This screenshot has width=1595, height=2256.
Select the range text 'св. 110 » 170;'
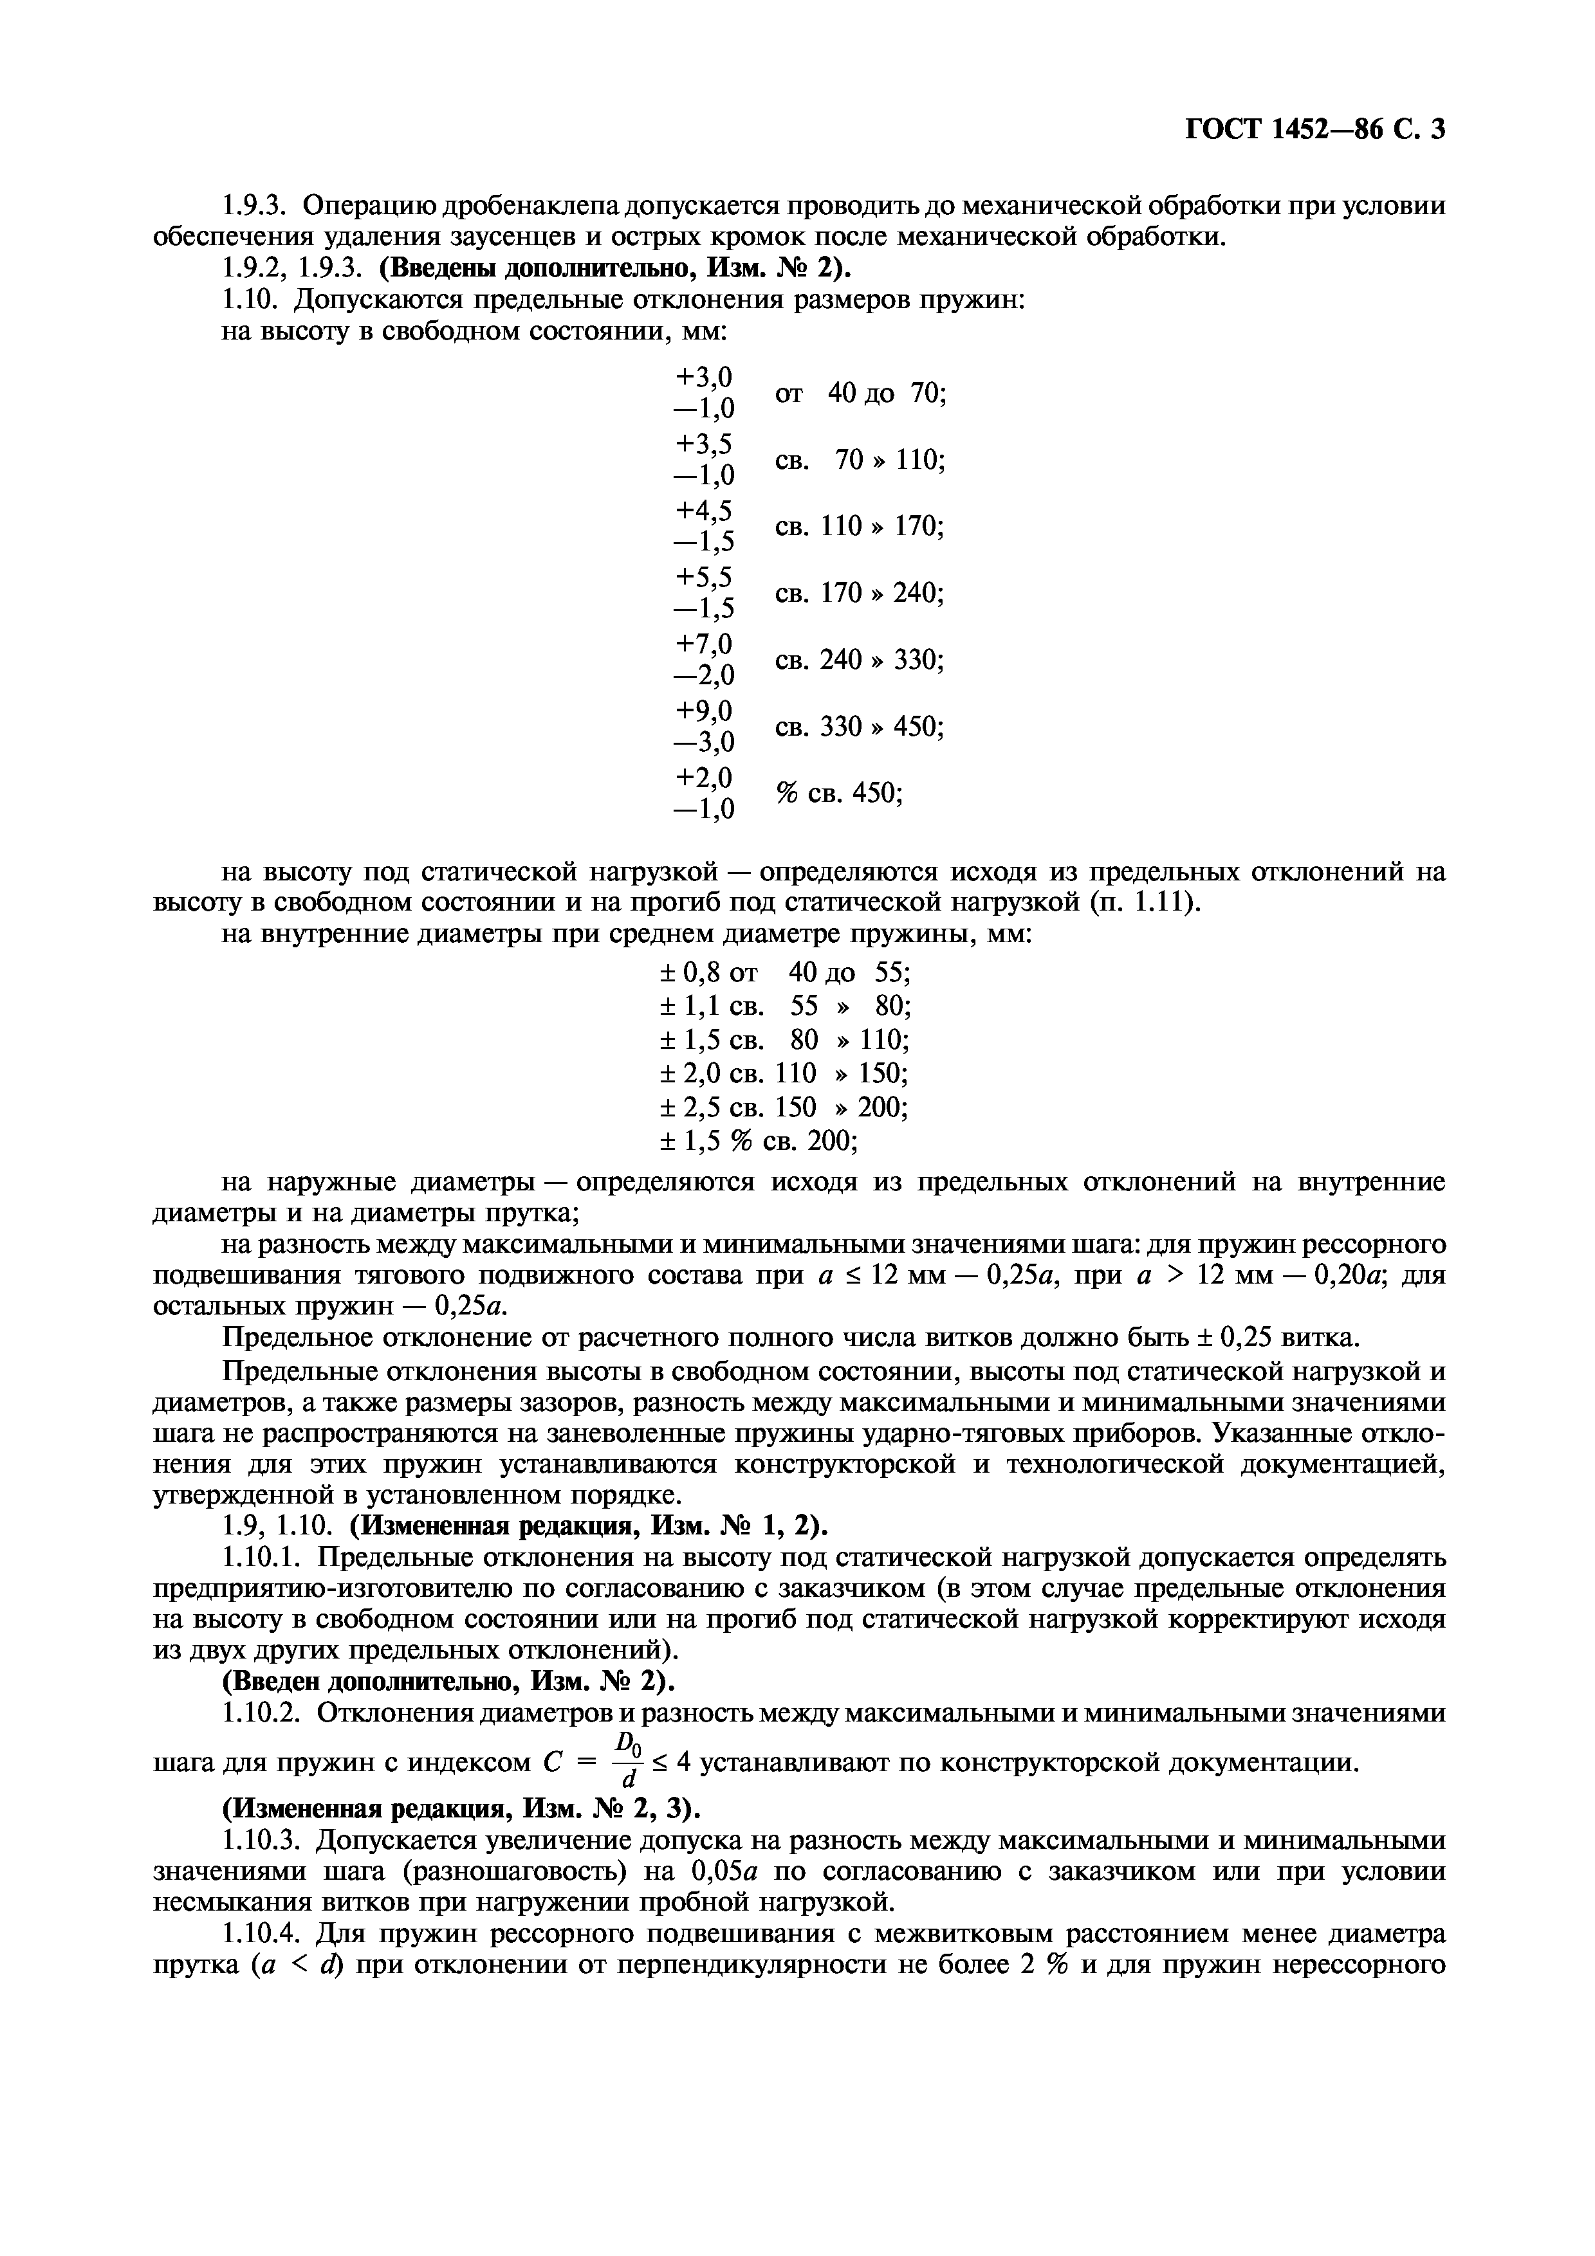click(x=859, y=527)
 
